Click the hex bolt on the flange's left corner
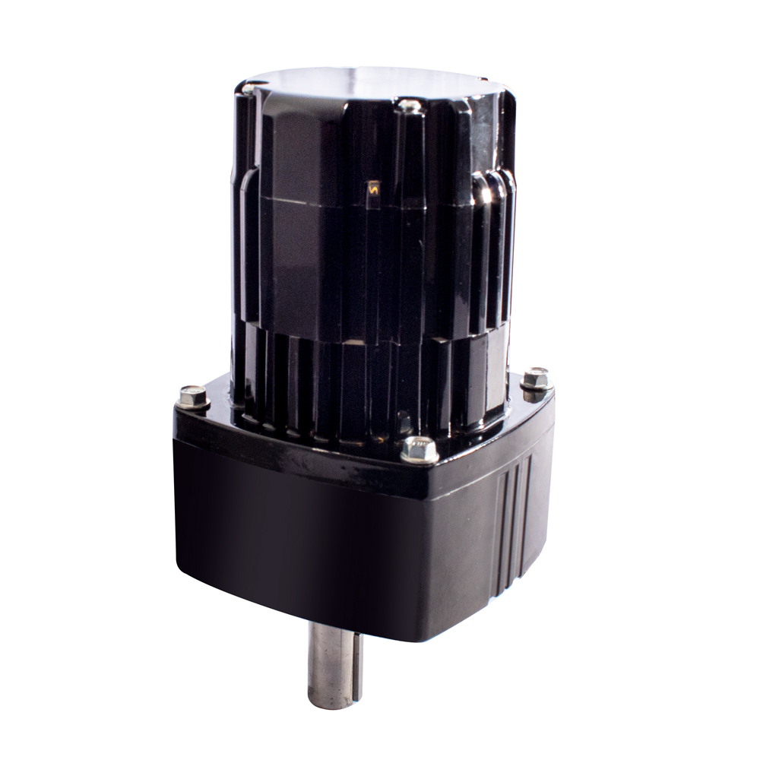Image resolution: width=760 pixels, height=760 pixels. [194, 396]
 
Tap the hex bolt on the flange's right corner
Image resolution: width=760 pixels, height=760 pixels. [536, 378]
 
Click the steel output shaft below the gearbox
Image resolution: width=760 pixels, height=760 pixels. [334, 661]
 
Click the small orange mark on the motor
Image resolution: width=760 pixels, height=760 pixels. [373, 187]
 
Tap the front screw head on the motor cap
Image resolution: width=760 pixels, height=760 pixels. [410, 106]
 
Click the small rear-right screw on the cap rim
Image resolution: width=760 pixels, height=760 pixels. [483, 78]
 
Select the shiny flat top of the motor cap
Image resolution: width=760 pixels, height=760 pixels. [372, 80]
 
